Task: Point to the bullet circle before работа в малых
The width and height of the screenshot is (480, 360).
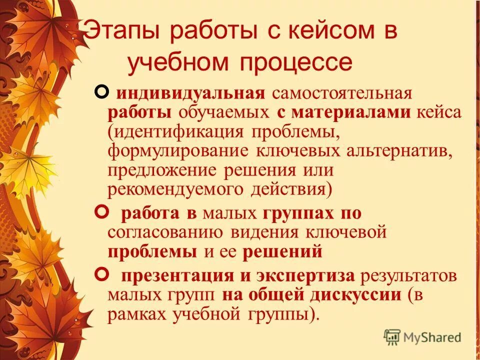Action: pyautogui.click(x=101, y=212)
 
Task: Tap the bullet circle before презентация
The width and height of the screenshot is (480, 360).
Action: pyautogui.click(x=101, y=273)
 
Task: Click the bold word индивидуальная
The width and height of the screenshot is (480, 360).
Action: pyautogui.click(x=190, y=93)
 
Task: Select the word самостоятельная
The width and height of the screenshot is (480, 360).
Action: pyautogui.click(x=341, y=93)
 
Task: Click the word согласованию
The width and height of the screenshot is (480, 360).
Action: pyautogui.click(x=165, y=232)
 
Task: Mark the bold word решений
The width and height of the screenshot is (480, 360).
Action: pyautogui.click(x=282, y=252)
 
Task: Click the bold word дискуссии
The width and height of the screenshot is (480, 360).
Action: pyautogui.click(x=355, y=294)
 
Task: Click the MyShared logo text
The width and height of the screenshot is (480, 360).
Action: pyautogui.click(x=432, y=337)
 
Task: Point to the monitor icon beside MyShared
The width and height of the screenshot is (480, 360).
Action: pyautogui.click(x=392, y=336)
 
